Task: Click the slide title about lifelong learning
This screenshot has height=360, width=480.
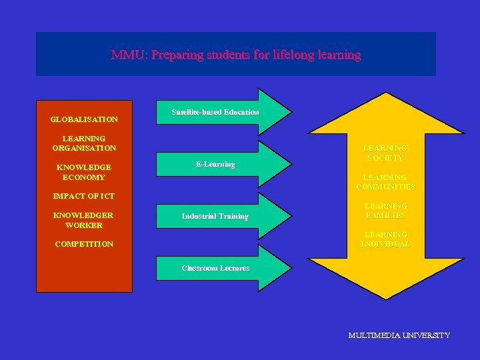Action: (x=236, y=55)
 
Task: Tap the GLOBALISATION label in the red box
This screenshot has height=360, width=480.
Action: (x=84, y=119)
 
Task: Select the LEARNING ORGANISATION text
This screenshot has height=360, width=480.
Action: (x=84, y=143)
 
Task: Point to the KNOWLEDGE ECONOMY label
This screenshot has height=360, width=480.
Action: (x=84, y=172)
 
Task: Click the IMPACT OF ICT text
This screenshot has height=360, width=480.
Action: (x=84, y=196)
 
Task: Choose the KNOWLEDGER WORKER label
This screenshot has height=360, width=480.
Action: (x=84, y=220)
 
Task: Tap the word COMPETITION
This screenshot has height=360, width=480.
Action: (x=84, y=244)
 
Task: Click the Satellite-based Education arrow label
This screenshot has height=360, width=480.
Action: (x=215, y=112)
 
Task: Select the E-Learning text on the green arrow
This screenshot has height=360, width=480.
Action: (x=215, y=164)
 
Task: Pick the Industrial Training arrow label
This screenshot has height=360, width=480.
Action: (x=215, y=216)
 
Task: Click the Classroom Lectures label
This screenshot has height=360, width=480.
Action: (x=215, y=268)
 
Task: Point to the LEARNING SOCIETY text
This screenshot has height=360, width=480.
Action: (x=385, y=153)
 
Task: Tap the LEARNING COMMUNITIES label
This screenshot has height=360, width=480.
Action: (x=385, y=182)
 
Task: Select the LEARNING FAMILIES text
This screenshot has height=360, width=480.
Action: (x=385, y=211)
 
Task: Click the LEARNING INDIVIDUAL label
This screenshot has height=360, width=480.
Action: (x=385, y=239)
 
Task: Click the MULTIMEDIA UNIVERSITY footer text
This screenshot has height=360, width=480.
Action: (x=399, y=335)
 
